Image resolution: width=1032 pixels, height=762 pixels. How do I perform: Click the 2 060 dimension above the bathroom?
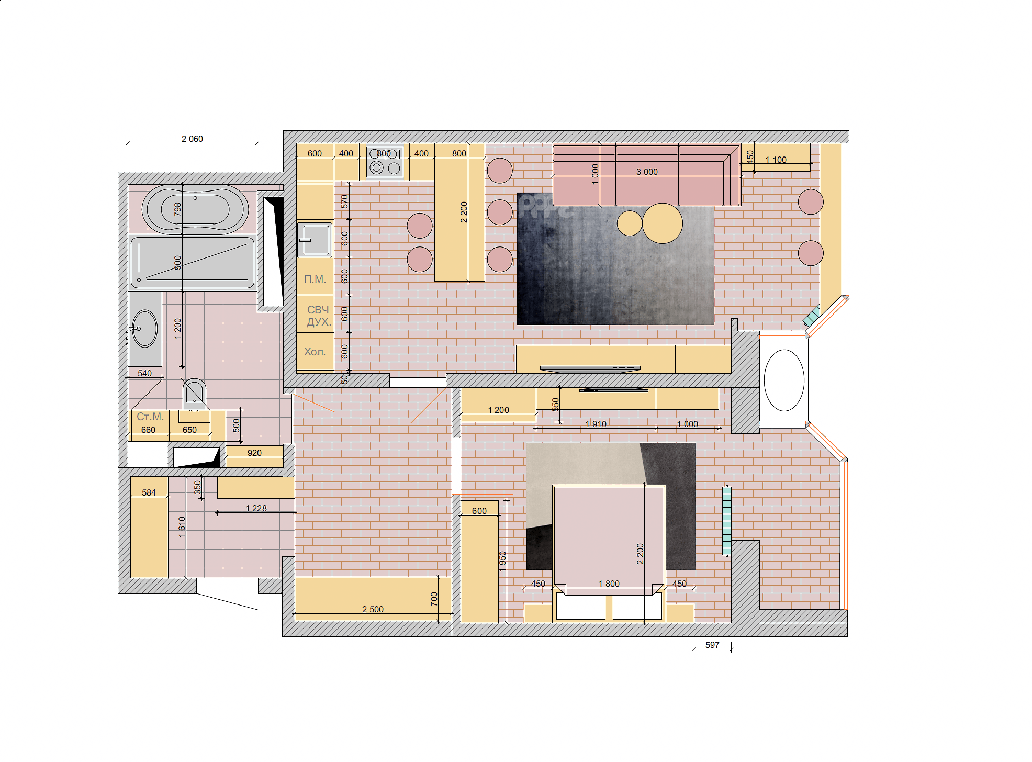[x=192, y=139]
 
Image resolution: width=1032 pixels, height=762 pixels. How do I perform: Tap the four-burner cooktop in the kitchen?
[x=385, y=161]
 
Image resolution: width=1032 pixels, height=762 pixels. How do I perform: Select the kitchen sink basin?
[x=315, y=240]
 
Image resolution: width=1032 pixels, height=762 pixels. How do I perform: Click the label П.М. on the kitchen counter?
[x=315, y=279]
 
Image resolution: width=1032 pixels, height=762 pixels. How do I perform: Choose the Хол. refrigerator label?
[x=315, y=352]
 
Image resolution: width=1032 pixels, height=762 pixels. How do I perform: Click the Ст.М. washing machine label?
[x=150, y=417]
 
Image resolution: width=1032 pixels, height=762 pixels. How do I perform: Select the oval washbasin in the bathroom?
[x=144, y=329]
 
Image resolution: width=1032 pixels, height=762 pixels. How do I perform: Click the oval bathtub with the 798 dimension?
[x=195, y=209]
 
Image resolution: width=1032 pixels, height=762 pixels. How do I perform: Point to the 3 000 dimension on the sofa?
[x=647, y=172]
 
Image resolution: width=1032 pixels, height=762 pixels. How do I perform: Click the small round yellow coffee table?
[x=630, y=223]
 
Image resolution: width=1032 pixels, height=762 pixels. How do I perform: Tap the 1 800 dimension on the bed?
[x=609, y=584]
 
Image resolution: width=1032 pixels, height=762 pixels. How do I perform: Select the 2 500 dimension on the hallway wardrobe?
[x=373, y=609]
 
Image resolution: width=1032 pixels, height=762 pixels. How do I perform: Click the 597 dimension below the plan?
[x=712, y=645]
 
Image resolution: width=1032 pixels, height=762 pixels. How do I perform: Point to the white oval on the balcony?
[x=784, y=380]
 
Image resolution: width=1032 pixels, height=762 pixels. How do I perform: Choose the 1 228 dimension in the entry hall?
[x=256, y=508]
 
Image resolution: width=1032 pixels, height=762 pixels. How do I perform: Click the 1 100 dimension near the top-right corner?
[x=776, y=160]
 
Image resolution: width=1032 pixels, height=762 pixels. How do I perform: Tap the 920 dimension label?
[x=254, y=453]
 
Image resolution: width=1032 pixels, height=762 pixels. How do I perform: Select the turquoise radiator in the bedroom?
[x=726, y=521]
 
